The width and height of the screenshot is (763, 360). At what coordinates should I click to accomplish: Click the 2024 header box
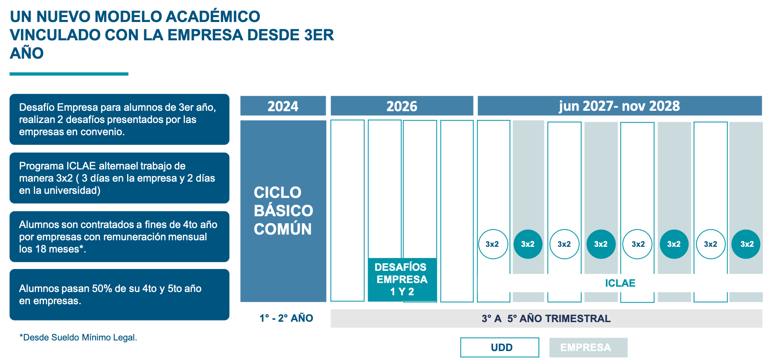coord(283,106)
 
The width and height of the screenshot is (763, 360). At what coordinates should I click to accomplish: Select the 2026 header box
coord(401,106)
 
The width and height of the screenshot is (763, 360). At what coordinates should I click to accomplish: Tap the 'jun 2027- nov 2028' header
coord(619,106)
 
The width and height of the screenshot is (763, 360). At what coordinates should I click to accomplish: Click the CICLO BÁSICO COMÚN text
coord(283,211)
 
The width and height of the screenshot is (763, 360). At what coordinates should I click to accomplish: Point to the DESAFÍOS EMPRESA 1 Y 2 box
coord(402,279)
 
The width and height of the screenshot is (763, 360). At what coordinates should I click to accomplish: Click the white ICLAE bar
coord(620,283)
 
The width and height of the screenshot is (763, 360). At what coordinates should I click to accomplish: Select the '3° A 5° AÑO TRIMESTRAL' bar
coord(546,318)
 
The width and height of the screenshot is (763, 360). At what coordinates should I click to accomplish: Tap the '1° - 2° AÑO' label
coord(286,318)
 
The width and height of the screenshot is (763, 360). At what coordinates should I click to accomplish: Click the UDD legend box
coord(500,347)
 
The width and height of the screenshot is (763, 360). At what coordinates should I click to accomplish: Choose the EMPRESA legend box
coord(588,347)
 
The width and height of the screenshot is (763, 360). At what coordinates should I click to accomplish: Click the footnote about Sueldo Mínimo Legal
coord(78,338)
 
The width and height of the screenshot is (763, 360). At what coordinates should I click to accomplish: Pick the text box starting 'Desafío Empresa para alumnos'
coord(119,119)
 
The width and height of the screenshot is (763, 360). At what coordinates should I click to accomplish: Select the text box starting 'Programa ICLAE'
coord(119,178)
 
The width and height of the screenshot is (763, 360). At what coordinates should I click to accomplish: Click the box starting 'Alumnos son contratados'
coord(119,237)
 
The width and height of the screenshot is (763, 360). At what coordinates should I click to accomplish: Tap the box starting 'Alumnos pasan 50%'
coord(119,294)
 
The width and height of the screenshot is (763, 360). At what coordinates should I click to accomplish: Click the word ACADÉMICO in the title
coord(213,17)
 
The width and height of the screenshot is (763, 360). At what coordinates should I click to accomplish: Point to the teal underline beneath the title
coord(69,74)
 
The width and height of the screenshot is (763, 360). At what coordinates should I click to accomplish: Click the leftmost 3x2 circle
coord(493,244)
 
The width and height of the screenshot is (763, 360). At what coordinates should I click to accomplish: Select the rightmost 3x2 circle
coord(746,244)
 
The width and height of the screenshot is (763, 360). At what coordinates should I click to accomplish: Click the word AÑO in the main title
coord(26,53)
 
